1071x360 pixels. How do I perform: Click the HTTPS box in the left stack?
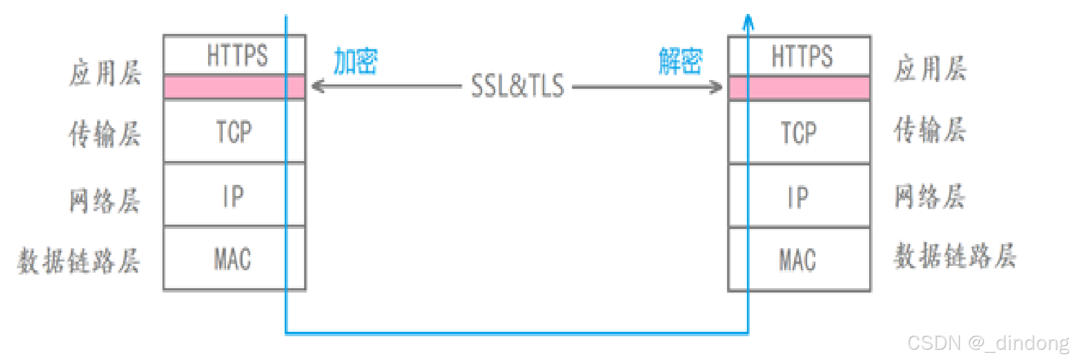click(x=235, y=55)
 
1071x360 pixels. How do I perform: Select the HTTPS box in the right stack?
click(x=800, y=56)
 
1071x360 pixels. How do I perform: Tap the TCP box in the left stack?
click(x=235, y=131)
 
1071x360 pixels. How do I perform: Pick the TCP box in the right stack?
click(x=800, y=132)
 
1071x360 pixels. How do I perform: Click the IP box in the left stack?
click(x=235, y=196)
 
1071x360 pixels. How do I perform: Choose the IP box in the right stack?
click(x=800, y=197)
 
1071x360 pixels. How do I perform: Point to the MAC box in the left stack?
click(x=235, y=259)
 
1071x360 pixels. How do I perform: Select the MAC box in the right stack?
click(x=800, y=260)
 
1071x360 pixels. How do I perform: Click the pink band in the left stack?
click(x=235, y=87)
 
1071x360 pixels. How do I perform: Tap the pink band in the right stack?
click(x=800, y=88)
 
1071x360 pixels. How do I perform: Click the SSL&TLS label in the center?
click(x=518, y=86)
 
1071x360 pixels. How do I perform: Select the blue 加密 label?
click(x=356, y=61)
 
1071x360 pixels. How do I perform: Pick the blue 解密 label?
click(x=680, y=61)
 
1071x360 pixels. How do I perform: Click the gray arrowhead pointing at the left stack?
click(x=318, y=86)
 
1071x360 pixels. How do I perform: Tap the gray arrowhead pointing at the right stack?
click(x=716, y=87)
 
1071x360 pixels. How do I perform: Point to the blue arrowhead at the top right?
click(x=748, y=21)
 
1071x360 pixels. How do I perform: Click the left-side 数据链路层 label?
click(x=79, y=261)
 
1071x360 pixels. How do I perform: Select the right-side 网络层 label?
click(x=930, y=196)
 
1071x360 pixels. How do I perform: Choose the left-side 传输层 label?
click(x=105, y=133)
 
